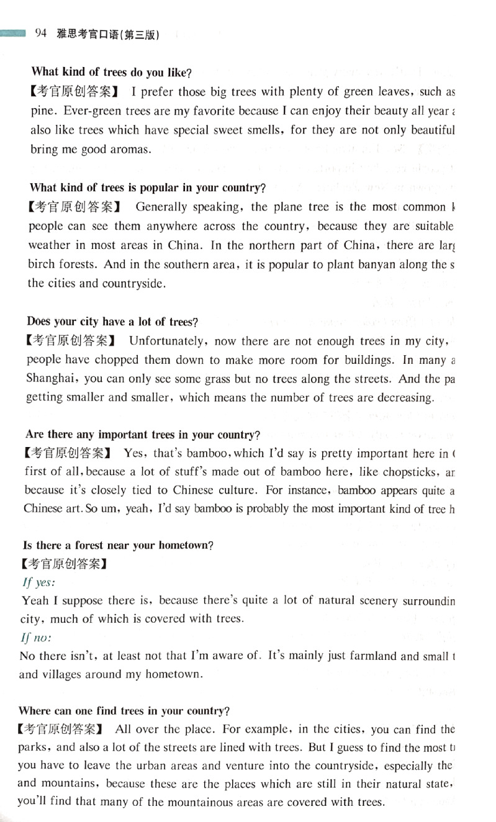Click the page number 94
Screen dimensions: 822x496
pyautogui.click(x=42, y=34)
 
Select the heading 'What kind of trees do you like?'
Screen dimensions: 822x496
pyautogui.click(x=111, y=73)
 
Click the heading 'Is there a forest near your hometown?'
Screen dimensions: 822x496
pyautogui.click(x=118, y=546)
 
